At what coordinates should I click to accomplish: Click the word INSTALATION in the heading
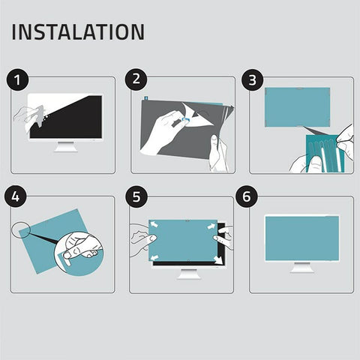78,32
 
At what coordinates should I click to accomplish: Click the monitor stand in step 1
66,145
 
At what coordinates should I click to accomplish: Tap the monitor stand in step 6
302,266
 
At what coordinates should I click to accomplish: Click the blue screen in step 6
301,238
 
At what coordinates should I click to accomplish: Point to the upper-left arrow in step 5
154,224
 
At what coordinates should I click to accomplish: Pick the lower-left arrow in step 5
155,259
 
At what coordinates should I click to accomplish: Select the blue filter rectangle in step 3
298,105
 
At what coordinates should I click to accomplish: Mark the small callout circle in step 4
22,229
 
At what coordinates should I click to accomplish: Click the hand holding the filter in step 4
81,244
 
